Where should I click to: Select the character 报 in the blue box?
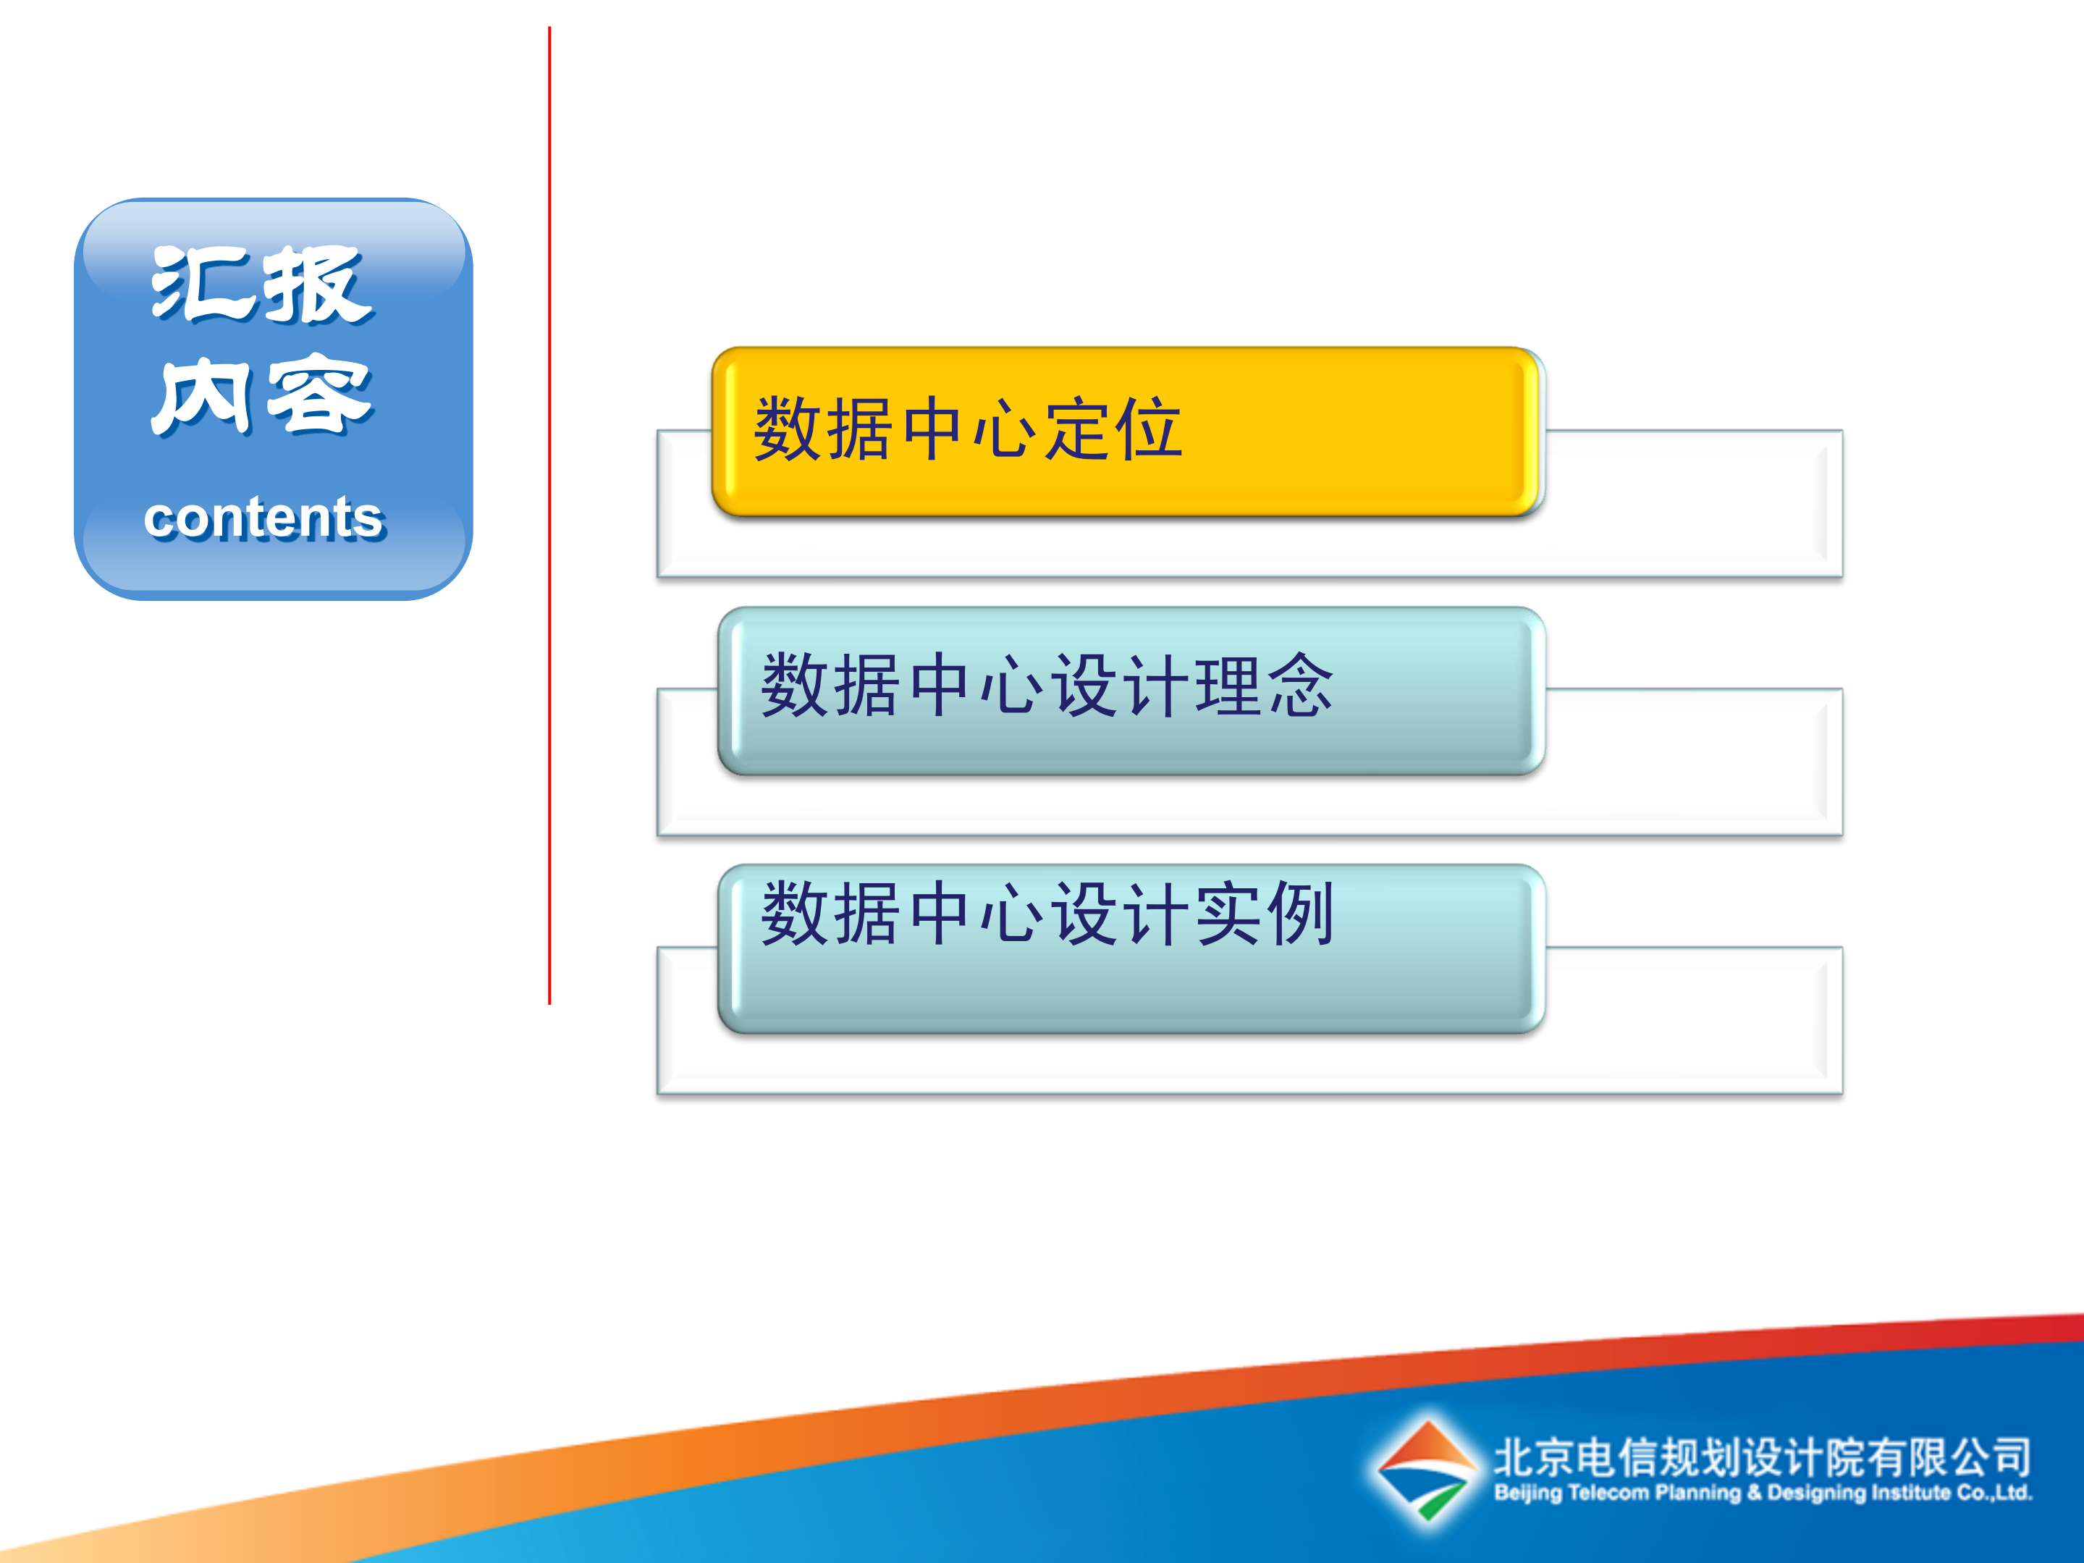tap(316, 285)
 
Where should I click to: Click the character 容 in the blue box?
tap(318, 396)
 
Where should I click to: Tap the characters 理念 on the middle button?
tap(1265, 686)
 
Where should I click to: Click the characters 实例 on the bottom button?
tap(1265, 914)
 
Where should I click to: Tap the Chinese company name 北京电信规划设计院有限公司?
tap(1762, 1457)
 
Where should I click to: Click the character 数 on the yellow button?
tap(788, 429)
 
